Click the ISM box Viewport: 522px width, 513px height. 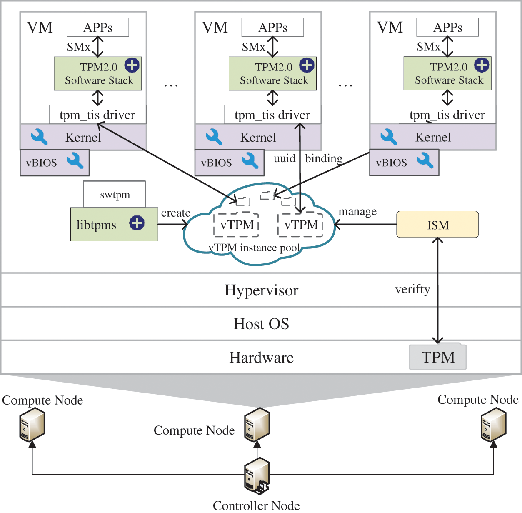(x=437, y=225)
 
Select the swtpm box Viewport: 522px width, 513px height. (x=115, y=195)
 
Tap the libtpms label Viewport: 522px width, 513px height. (x=96, y=225)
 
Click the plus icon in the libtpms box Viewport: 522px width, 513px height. (x=137, y=223)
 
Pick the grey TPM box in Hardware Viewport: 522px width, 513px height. (x=437, y=357)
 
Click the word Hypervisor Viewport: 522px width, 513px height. (x=261, y=290)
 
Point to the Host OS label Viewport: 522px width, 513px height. (x=261, y=324)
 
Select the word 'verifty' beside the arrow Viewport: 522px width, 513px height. (x=412, y=289)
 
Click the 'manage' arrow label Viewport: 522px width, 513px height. (x=357, y=212)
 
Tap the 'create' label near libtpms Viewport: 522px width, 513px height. (x=175, y=213)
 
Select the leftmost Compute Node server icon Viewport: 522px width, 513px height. (x=32, y=424)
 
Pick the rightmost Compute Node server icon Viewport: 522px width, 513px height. (x=494, y=424)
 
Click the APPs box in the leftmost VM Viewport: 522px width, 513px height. (x=98, y=28)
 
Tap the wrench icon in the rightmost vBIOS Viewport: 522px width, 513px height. (x=425, y=160)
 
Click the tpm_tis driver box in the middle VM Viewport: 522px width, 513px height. (x=272, y=115)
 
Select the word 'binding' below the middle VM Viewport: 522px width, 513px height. (x=324, y=158)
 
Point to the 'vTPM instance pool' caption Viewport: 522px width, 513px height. (x=254, y=248)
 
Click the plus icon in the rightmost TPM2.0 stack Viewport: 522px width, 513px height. (x=482, y=65)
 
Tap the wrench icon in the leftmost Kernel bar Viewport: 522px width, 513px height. (x=39, y=137)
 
